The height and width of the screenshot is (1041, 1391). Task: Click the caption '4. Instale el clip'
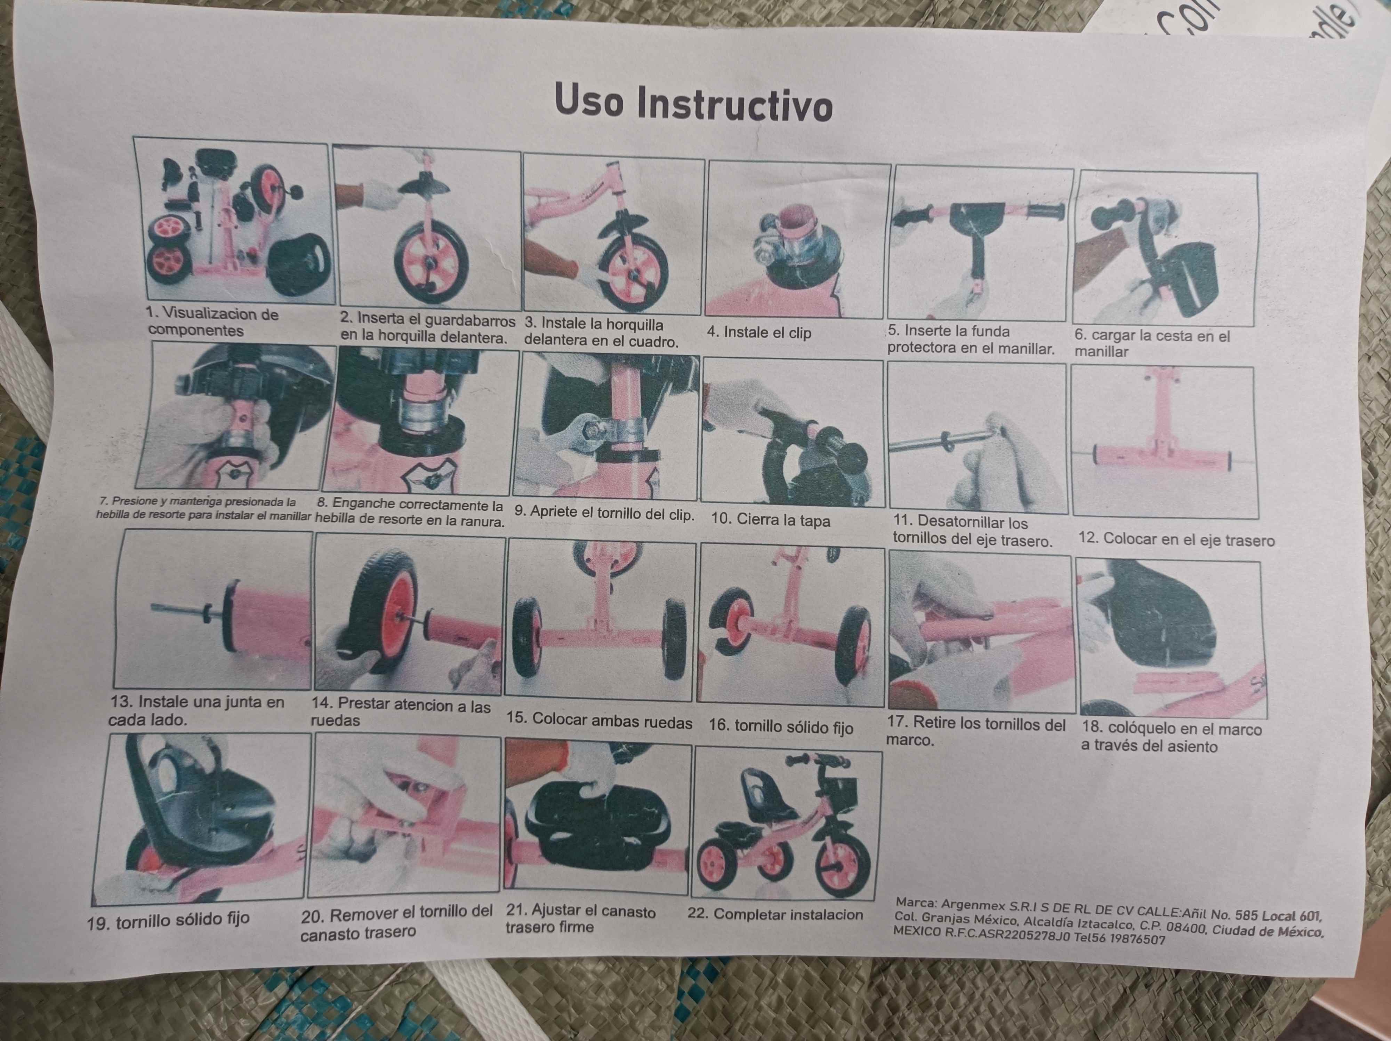pos(759,333)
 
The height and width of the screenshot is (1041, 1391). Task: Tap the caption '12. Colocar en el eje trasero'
pos(1176,540)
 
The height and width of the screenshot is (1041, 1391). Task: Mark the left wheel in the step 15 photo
pos(527,637)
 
